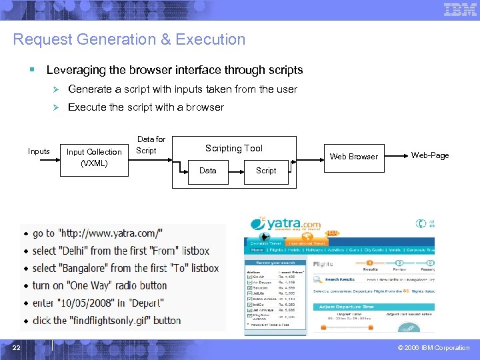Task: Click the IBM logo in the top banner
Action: pyautogui.click(x=460, y=10)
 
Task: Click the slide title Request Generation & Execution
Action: pyautogui.click(x=129, y=39)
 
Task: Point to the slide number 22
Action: pyautogui.click(x=16, y=347)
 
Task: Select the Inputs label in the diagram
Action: pyautogui.click(x=39, y=151)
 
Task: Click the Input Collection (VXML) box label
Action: pyautogui.click(x=94, y=157)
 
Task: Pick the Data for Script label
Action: pyautogui.click(x=150, y=145)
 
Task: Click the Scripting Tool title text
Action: pyautogui.click(x=233, y=149)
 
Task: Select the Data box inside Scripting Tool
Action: pyautogui.click(x=208, y=171)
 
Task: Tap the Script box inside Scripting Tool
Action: pyautogui.click(x=266, y=171)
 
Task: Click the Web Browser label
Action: pyautogui.click(x=354, y=157)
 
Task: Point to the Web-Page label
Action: pyautogui.click(x=430, y=155)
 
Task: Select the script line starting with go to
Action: pyautogui.click(x=97, y=233)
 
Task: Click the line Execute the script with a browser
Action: pyautogui.click(x=146, y=107)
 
